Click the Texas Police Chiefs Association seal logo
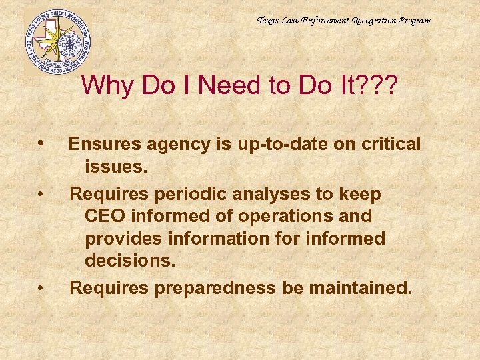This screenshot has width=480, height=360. coord(57,41)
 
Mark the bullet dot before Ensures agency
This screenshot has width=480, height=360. coord(42,143)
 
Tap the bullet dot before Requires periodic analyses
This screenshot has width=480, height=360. coord(41,195)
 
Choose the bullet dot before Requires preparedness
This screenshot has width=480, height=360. coord(41,289)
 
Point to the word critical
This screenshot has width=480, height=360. coord(388,143)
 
